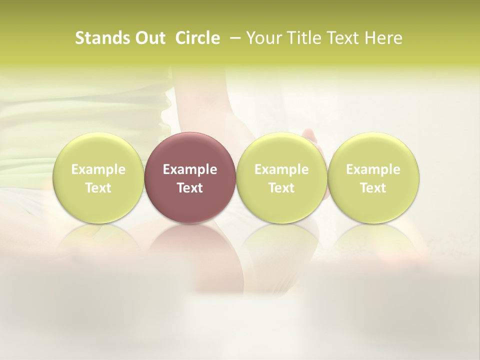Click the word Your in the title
coord(264,38)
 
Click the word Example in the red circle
coord(190,170)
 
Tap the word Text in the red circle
coord(190,188)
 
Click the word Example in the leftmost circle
coord(98,170)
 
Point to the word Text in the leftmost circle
coord(98,188)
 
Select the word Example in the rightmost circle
coord(373,170)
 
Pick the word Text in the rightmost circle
coord(373,188)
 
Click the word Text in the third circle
coord(281,188)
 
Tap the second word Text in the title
coord(343,38)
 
